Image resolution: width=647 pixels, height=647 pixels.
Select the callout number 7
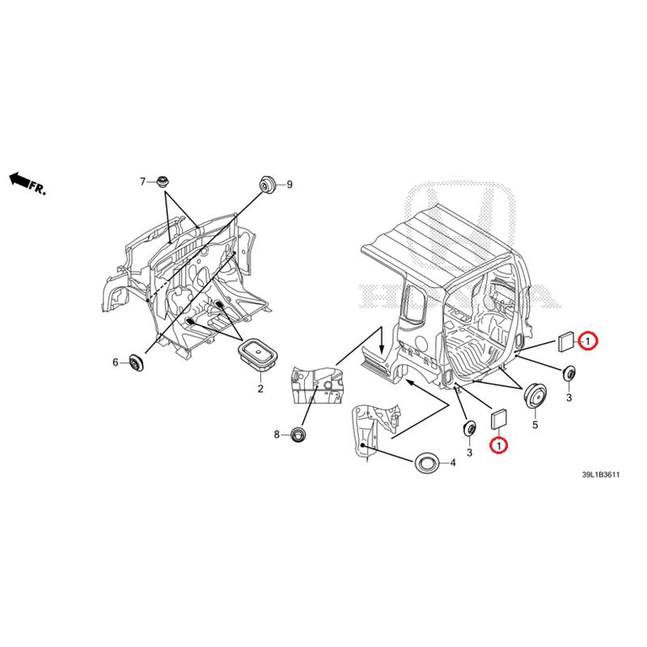(x=142, y=181)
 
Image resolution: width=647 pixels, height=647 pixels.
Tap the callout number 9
(x=289, y=185)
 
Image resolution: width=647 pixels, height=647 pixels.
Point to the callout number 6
(x=116, y=362)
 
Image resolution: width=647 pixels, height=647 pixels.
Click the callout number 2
(x=260, y=389)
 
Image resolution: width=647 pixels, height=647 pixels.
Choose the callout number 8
(x=277, y=434)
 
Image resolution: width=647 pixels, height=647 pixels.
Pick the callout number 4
(x=453, y=463)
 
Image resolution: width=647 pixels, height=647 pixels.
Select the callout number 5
(x=535, y=422)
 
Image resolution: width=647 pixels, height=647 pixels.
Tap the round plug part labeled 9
(x=266, y=184)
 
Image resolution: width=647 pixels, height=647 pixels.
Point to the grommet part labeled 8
(x=300, y=435)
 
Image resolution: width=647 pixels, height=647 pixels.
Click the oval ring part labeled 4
(x=426, y=463)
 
